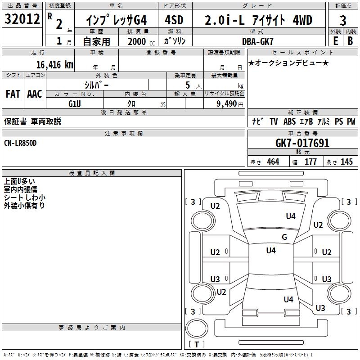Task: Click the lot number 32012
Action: pyautogui.click(x=22, y=19)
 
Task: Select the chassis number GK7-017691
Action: pyautogui.click(x=302, y=143)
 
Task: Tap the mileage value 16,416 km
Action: pyautogui.click(x=54, y=64)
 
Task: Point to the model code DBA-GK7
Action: pyautogui.click(x=258, y=41)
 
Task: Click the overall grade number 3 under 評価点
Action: pyautogui.click(x=343, y=21)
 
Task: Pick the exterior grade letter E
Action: pyautogui.click(x=335, y=41)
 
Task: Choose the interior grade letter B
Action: pyautogui.click(x=350, y=41)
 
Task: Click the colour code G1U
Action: pyautogui.click(x=75, y=104)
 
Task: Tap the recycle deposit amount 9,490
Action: pyautogui.click(x=227, y=104)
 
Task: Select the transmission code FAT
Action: pyautogui.click(x=13, y=94)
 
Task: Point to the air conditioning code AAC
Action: pyautogui.click(x=35, y=94)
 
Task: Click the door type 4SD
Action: pyautogui.click(x=174, y=20)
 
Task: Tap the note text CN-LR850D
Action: pyautogui.click(x=20, y=143)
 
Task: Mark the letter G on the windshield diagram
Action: pyautogui.click(x=284, y=237)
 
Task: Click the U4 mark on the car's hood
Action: pyautogui.click(x=291, y=216)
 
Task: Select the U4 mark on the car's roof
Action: pyautogui.click(x=271, y=250)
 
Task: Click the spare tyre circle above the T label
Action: pyautogui.click(x=197, y=328)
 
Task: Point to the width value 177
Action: pyautogui.click(x=310, y=162)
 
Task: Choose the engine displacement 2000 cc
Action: pyautogui.click(x=141, y=41)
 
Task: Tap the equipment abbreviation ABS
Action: pyautogui.click(x=289, y=121)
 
